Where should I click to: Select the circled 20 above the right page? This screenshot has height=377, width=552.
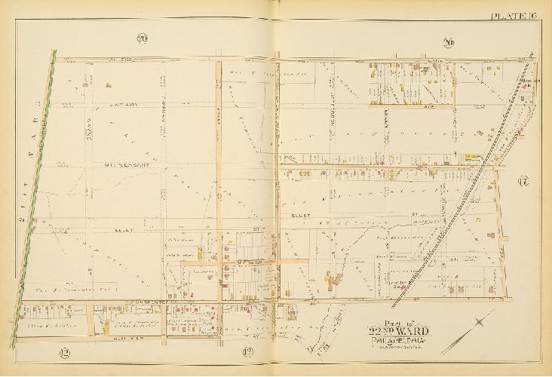449,42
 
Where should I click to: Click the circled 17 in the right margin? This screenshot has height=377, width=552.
523,180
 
